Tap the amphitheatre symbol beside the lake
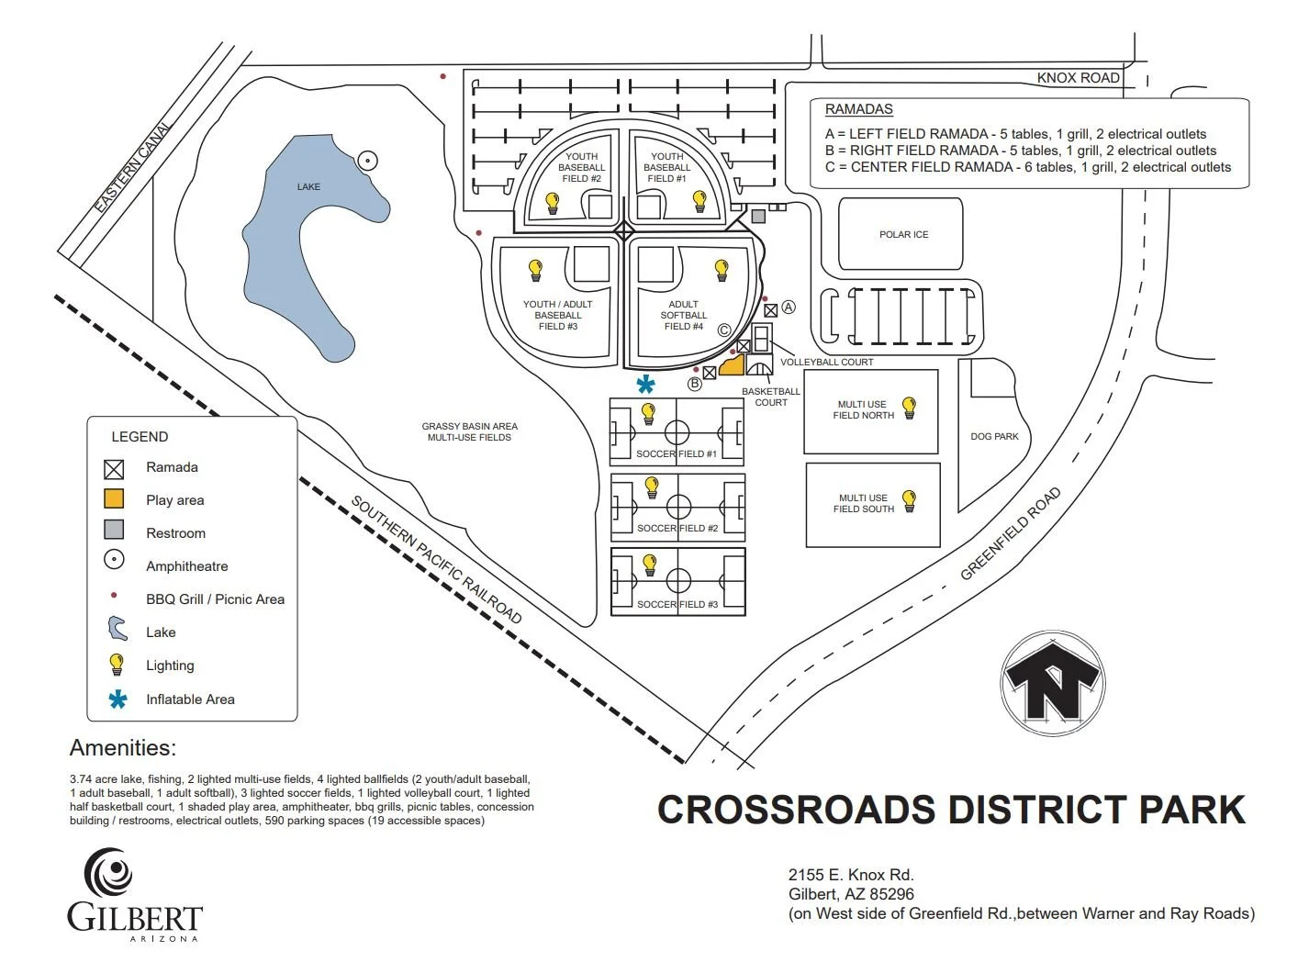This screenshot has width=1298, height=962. click(x=367, y=161)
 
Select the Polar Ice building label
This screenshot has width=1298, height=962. click(x=903, y=235)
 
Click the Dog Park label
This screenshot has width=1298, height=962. click(x=994, y=437)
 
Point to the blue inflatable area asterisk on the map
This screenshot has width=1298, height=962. click(x=647, y=385)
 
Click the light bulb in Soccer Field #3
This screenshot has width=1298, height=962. click(x=650, y=565)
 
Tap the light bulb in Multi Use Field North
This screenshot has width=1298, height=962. click(x=909, y=407)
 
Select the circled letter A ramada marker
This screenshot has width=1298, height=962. click(x=788, y=308)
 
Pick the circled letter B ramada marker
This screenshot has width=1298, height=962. click(x=695, y=384)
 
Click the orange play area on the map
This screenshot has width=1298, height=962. click(x=732, y=367)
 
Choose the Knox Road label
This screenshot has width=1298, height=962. click(x=1078, y=78)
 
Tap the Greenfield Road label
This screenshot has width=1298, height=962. click(x=1010, y=534)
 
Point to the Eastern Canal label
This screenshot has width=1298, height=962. click(x=132, y=168)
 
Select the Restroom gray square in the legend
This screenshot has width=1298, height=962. click(x=114, y=530)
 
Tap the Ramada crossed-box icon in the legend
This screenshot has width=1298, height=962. click(x=114, y=469)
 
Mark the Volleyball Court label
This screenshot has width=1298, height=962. click(x=826, y=363)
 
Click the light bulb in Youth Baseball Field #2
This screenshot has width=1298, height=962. click(x=553, y=202)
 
